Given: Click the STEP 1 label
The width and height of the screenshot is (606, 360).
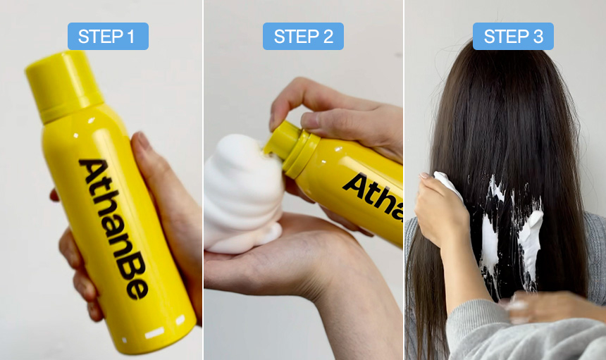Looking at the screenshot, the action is click(x=108, y=37).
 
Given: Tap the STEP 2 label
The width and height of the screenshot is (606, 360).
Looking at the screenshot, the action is click(x=303, y=37).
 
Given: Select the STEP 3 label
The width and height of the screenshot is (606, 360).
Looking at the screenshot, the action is click(x=513, y=37).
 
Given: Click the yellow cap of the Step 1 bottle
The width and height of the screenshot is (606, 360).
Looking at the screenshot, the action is click(x=63, y=86).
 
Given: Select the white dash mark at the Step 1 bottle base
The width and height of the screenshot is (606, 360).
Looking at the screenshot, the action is click(x=154, y=333).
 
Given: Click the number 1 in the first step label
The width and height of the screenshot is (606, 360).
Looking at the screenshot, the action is click(x=130, y=37).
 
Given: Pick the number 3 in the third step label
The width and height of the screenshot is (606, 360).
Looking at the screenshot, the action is click(x=538, y=37).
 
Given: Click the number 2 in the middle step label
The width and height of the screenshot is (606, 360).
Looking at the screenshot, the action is click(x=328, y=37).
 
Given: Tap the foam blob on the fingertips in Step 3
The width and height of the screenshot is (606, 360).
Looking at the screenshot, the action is click(x=447, y=184).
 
